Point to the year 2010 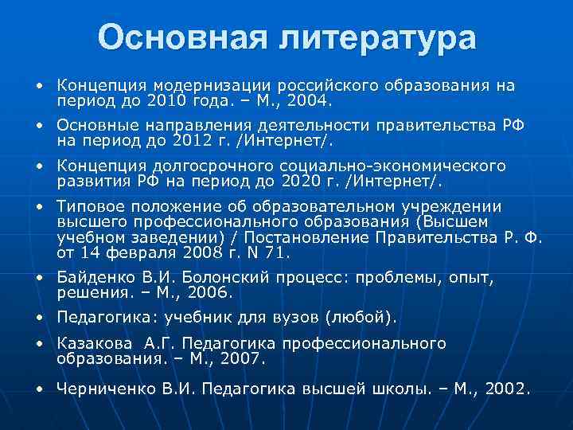click(182, 102)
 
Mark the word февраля click(145, 253)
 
